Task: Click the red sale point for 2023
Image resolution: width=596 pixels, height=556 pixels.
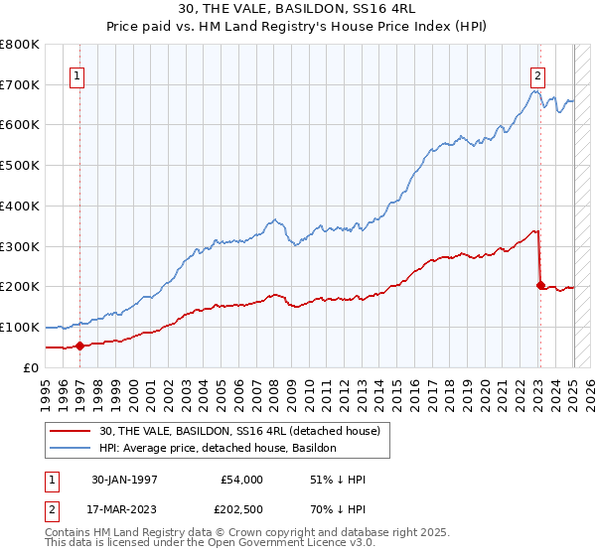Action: [540, 286]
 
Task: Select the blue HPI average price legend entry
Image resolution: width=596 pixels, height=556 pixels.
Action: [218, 449]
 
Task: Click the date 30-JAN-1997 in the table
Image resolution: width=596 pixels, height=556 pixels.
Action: [123, 480]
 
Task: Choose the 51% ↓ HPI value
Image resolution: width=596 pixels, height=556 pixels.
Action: [338, 480]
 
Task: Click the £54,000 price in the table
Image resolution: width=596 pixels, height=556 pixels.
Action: [242, 480]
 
